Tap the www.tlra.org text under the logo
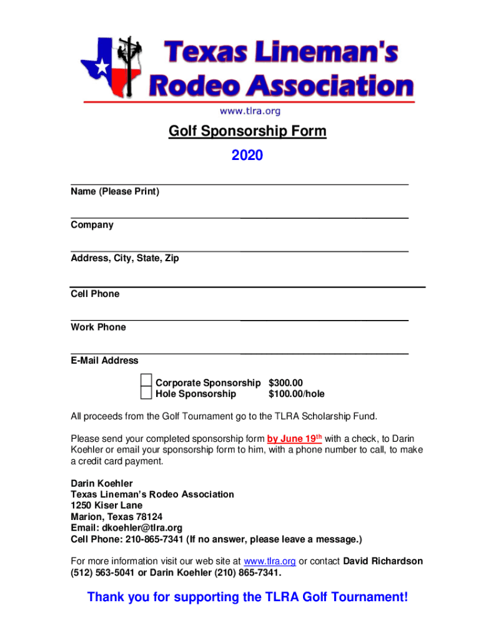click(x=249, y=111)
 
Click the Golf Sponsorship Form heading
click(x=247, y=132)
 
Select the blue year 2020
click(x=247, y=155)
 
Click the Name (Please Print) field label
click(x=115, y=192)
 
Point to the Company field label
click(x=92, y=225)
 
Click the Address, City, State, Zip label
click(x=124, y=258)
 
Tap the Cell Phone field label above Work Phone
click(x=95, y=294)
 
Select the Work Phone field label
click(x=98, y=327)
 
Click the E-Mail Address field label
click(x=104, y=361)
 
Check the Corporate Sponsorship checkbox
click(x=146, y=381)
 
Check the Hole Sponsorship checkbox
click(x=146, y=393)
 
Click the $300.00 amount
click(x=285, y=382)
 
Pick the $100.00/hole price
click(x=296, y=394)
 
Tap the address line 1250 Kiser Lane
click(x=106, y=506)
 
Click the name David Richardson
click(x=383, y=561)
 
